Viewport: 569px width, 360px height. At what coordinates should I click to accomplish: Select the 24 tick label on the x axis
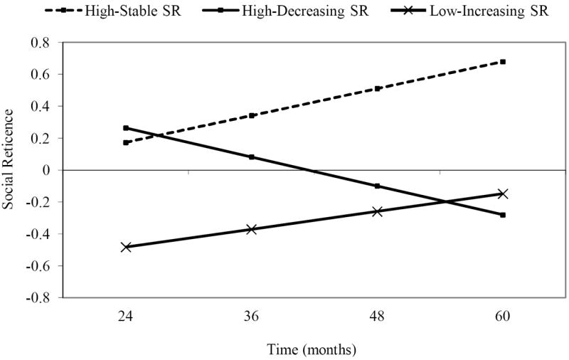coord(126,315)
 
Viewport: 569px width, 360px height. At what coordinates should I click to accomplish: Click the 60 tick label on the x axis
coord(503,315)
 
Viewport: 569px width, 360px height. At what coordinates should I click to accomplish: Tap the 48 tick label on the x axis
coord(377,315)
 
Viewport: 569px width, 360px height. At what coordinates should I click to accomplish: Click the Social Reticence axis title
coord(9,170)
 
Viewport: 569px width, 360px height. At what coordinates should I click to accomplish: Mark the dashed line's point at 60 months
coord(503,62)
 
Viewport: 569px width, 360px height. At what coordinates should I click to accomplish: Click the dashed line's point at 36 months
coord(252,115)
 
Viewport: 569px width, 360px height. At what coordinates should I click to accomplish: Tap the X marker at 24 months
coord(126,247)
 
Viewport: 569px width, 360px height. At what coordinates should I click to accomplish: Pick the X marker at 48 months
coord(377,211)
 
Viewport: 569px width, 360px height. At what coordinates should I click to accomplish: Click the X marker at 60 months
coord(503,194)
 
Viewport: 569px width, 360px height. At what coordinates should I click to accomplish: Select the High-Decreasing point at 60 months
coord(503,215)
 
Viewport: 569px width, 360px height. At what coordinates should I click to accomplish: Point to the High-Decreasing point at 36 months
coord(252,157)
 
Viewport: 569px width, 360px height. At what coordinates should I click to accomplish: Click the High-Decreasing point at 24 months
coord(126,128)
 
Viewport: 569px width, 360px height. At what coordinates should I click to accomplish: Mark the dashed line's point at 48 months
coord(377,89)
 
